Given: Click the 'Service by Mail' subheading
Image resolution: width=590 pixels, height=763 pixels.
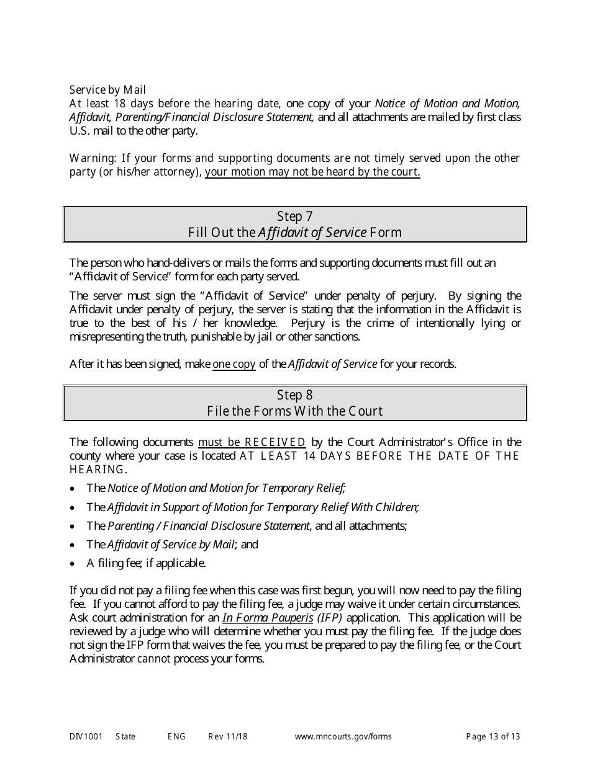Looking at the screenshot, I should pyautogui.click(x=107, y=90).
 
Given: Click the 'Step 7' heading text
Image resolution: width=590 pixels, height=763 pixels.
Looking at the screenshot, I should pyautogui.click(x=294, y=216).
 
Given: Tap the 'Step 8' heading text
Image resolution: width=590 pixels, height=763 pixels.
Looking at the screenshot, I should pyautogui.click(x=294, y=395).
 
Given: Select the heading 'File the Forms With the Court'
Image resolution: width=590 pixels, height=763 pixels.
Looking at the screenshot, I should pyautogui.click(x=294, y=411).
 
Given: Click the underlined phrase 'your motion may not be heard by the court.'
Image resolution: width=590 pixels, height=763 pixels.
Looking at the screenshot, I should pyautogui.click(x=312, y=172).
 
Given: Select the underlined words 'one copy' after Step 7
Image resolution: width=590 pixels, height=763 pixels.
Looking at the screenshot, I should pyautogui.click(x=234, y=364).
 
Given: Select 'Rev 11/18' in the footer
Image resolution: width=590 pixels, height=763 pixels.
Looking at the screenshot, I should pyautogui.click(x=228, y=737).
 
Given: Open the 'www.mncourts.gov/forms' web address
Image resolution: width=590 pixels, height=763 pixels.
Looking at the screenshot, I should pyautogui.click(x=343, y=737).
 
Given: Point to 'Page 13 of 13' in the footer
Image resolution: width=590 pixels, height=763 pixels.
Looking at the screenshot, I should pyautogui.click(x=493, y=737).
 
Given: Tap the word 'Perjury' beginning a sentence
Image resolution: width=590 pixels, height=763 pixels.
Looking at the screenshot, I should pyautogui.click(x=309, y=323).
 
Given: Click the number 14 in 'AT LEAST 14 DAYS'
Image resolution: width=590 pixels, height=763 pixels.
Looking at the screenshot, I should pyautogui.click(x=310, y=456).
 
